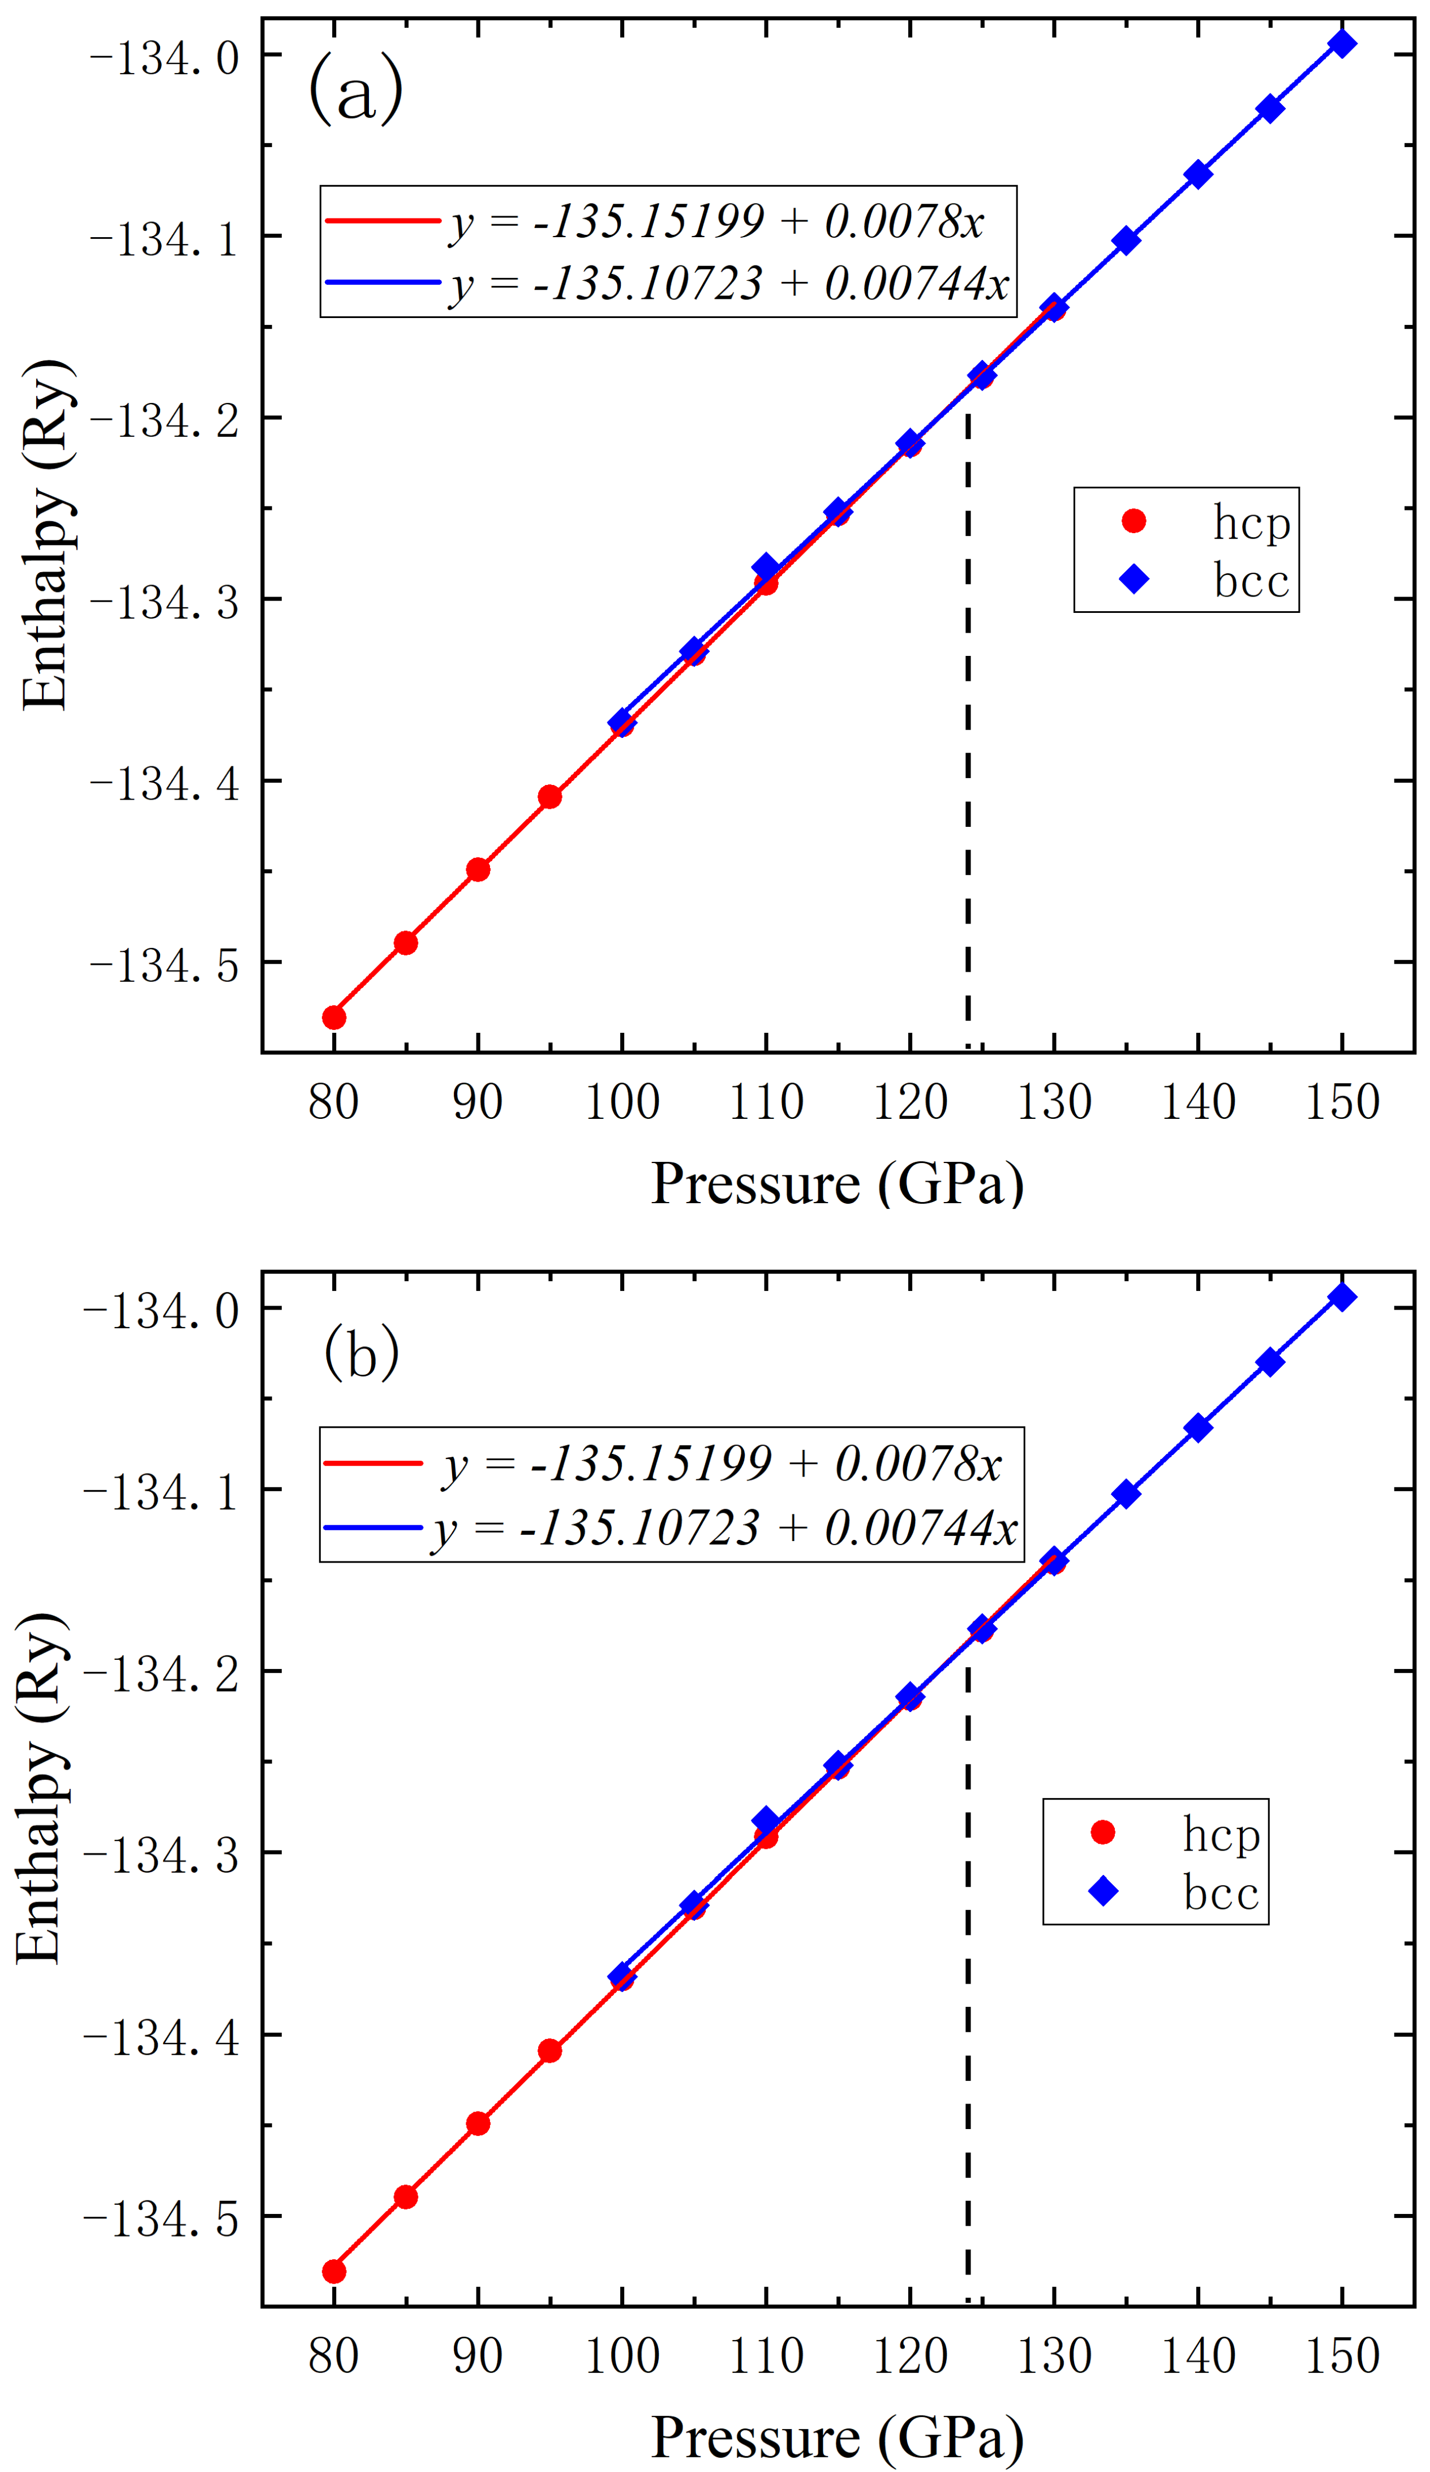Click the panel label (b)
(361, 1352)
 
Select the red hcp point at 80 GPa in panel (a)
(333, 1017)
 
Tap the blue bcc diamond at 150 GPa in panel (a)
(1342, 43)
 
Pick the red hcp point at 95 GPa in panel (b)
(549, 2050)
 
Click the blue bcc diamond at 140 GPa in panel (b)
(1197, 1427)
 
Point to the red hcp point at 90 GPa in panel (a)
(478, 869)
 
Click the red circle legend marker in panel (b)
(1102, 1831)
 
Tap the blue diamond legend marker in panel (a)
(1134, 579)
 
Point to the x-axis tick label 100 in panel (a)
(621, 1102)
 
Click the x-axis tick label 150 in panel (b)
(1342, 2355)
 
